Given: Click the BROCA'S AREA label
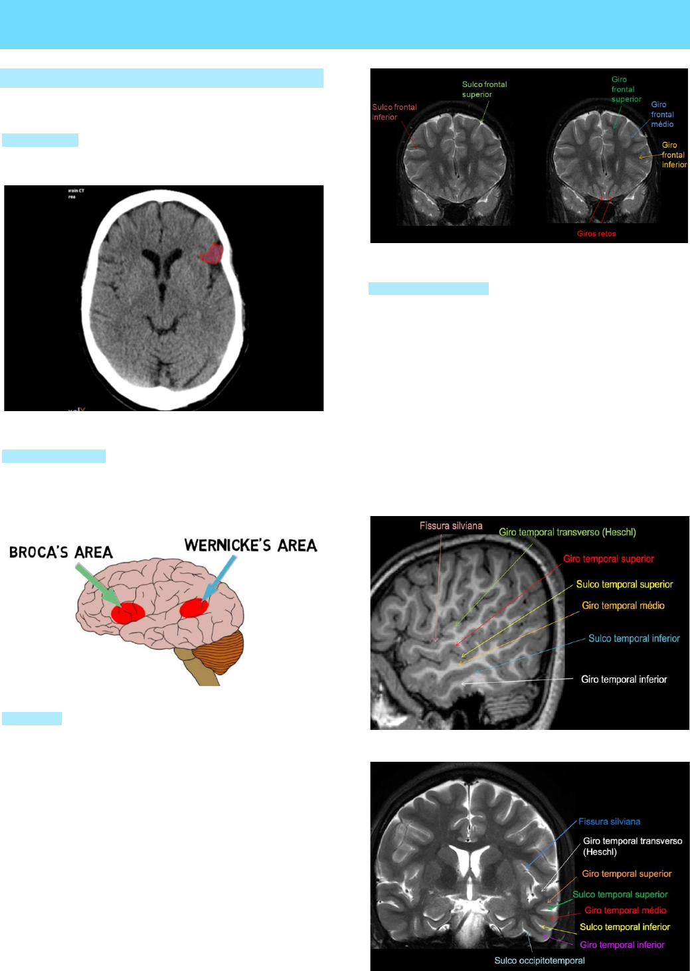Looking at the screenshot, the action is pyautogui.click(x=61, y=553).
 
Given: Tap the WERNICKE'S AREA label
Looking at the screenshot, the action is pyautogui.click(x=250, y=546).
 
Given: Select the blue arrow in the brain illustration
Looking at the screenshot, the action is pyautogui.click(x=221, y=576).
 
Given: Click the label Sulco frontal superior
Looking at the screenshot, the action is pyautogui.click(x=484, y=89).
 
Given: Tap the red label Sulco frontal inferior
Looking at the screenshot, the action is pyautogui.click(x=394, y=112).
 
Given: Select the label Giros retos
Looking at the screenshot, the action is pyautogui.click(x=596, y=234).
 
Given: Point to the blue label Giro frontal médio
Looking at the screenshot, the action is pyautogui.click(x=661, y=114).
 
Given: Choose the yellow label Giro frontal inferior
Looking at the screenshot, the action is pyautogui.click(x=673, y=155).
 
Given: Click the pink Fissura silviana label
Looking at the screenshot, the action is pyautogui.click(x=451, y=526).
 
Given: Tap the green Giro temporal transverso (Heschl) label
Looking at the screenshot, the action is pyautogui.click(x=567, y=532).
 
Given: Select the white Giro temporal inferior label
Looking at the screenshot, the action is pyautogui.click(x=624, y=679).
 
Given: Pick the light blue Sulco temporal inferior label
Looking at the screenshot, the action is pyautogui.click(x=634, y=638).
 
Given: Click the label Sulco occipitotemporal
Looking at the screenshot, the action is pyautogui.click(x=539, y=960).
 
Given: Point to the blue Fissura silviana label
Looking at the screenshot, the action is pyautogui.click(x=609, y=822).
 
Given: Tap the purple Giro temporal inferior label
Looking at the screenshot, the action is pyautogui.click(x=622, y=944).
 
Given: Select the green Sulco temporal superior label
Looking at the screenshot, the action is pyautogui.click(x=620, y=895).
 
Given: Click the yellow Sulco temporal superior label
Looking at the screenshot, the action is pyautogui.click(x=624, y=584).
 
